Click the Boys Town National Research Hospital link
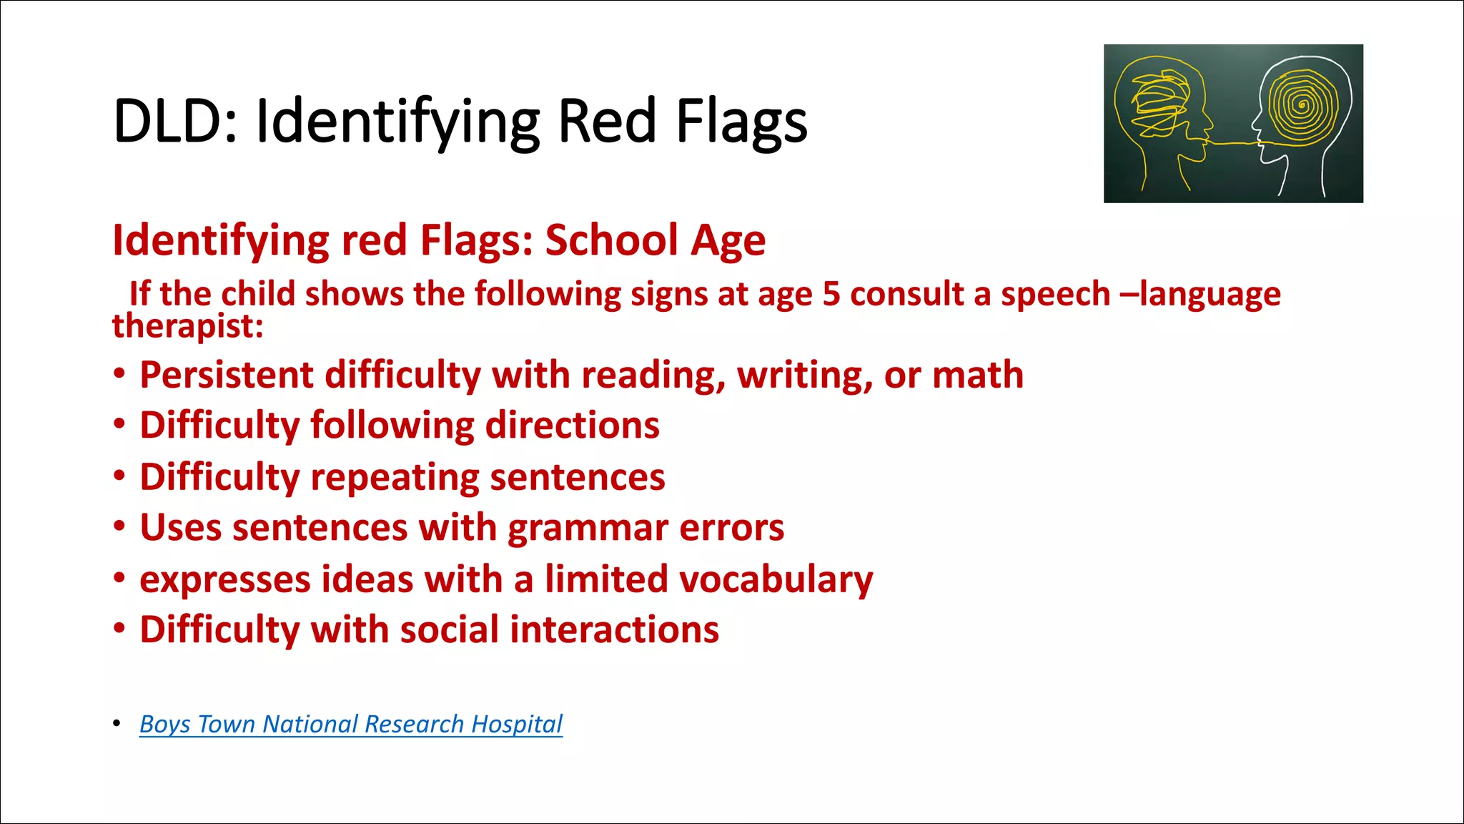[350, 724]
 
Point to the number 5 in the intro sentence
[831, 294]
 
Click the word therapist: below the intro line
[188, 326]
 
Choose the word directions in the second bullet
[572, 426]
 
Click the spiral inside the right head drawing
[1302, 106]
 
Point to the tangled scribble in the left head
[1157, 104]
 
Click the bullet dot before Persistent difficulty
[119, 373]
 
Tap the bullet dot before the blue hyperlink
[117, 723]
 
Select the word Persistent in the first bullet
[226, 375]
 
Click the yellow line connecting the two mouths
[1231, 144]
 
